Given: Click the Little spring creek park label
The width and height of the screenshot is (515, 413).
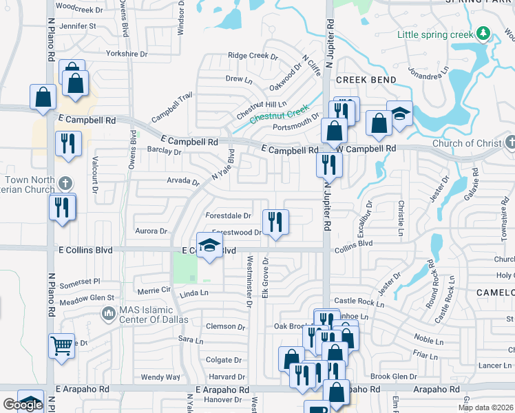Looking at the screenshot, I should [x=436, y=34].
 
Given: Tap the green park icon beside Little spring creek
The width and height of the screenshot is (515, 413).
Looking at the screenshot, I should [x=484, y=33].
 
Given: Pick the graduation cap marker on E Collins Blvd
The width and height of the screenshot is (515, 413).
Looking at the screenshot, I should [x=210, y=246].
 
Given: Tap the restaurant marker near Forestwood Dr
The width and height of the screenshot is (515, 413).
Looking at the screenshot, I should [x=275, y=222].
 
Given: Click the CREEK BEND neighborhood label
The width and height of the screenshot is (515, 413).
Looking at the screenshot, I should [x=366, y=80].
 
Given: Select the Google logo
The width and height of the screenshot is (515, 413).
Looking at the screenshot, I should [x=23, y=405].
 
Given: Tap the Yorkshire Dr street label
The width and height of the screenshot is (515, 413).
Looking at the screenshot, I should [x=127, y=53].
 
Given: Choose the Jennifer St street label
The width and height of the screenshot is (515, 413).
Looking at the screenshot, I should [x=78, y=26].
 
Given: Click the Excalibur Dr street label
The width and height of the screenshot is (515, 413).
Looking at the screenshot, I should [x=364, y=220].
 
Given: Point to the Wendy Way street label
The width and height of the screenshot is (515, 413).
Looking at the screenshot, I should [x=160, y=377].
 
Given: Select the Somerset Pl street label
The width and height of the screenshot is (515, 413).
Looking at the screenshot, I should [x=80, y=281].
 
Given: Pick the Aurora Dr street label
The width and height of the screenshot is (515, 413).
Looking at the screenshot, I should [x=151, y=231].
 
